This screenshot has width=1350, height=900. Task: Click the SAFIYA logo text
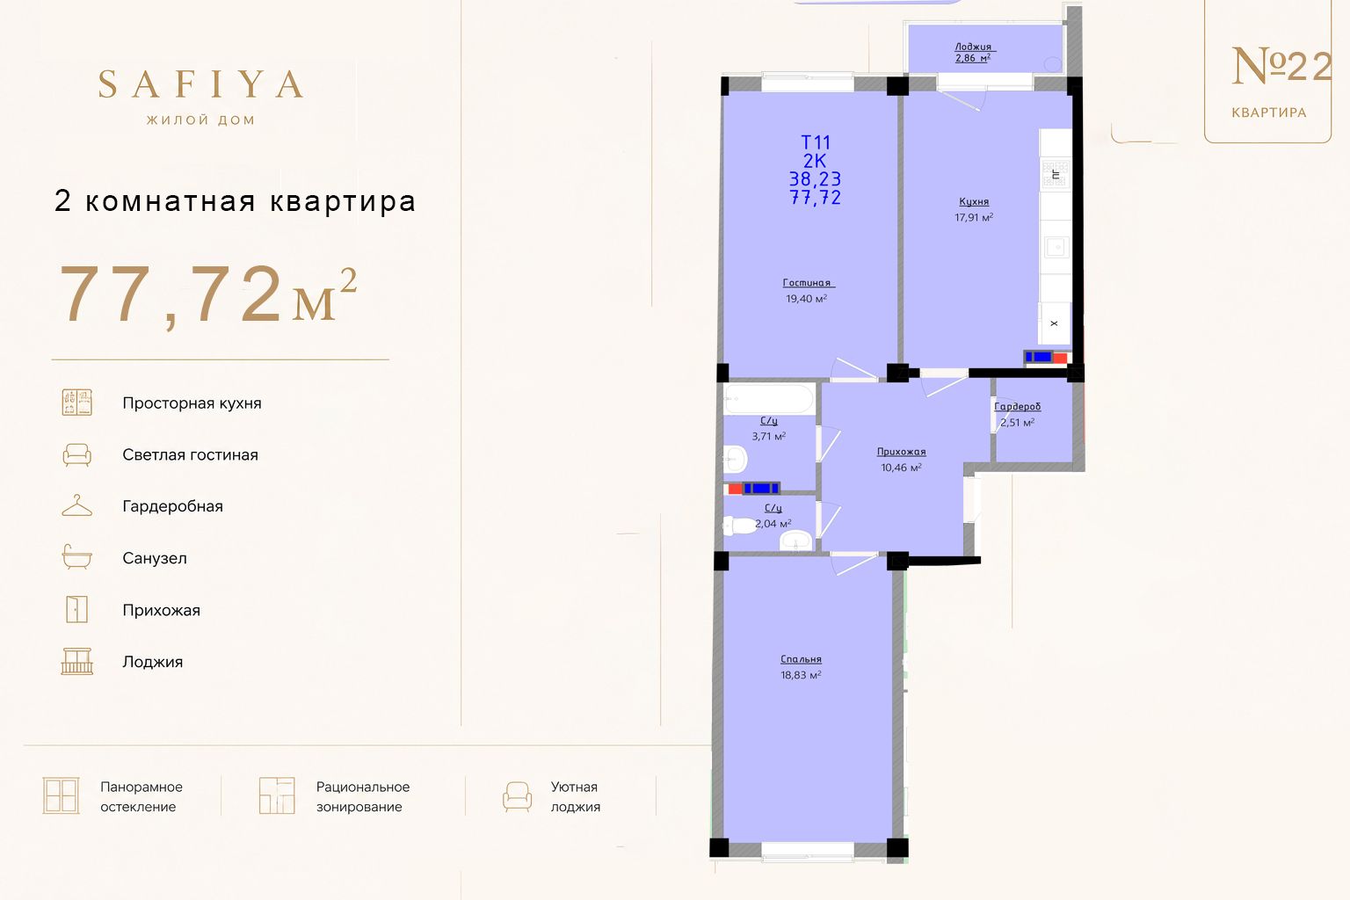200,83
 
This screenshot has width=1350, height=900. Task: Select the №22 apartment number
1281,66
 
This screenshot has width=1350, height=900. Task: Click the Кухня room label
974,202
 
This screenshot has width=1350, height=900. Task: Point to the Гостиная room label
809,283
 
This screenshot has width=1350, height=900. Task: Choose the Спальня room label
801,659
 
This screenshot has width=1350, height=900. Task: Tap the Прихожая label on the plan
901,452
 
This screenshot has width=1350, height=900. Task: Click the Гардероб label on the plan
1017,407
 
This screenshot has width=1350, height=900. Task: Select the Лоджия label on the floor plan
973,47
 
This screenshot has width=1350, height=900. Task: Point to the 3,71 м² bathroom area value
768,436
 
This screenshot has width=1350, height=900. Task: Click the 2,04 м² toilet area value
773,523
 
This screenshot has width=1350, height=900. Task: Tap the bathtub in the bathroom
769,399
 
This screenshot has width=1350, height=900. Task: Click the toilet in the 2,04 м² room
739,526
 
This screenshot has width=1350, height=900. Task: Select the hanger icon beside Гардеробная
77,505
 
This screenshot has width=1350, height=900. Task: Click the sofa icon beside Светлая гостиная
77,454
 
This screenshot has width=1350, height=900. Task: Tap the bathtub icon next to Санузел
77,556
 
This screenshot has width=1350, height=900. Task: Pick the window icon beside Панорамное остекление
61,795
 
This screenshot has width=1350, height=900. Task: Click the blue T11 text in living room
816,142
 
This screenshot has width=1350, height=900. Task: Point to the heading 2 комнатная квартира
235,200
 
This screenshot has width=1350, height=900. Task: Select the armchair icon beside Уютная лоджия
517,797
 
